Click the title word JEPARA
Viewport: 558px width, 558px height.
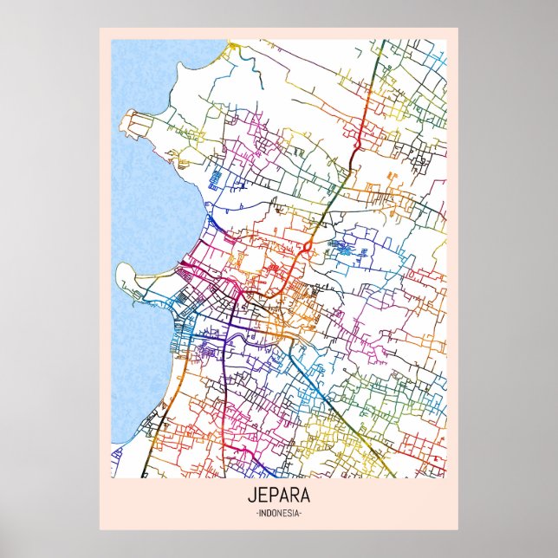(x=278, y=497)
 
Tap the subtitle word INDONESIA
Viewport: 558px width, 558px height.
(x=278, y=514)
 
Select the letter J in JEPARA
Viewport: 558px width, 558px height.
(x=252, y=497)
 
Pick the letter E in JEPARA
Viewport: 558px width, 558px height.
(x=262, y=497)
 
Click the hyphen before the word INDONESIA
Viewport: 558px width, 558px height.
(x=256, y=514)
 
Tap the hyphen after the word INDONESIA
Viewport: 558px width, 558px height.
(x=301, y=514)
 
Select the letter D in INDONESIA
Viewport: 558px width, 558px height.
(x=269, y=514)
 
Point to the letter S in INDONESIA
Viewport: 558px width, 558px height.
(x=289, y=514)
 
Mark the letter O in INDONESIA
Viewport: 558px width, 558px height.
(x=274, y=514)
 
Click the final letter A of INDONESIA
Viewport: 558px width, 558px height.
(x=296, y=514)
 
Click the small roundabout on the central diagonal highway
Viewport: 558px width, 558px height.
(x=307, y=247)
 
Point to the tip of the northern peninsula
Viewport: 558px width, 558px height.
(x=129, y=114)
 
